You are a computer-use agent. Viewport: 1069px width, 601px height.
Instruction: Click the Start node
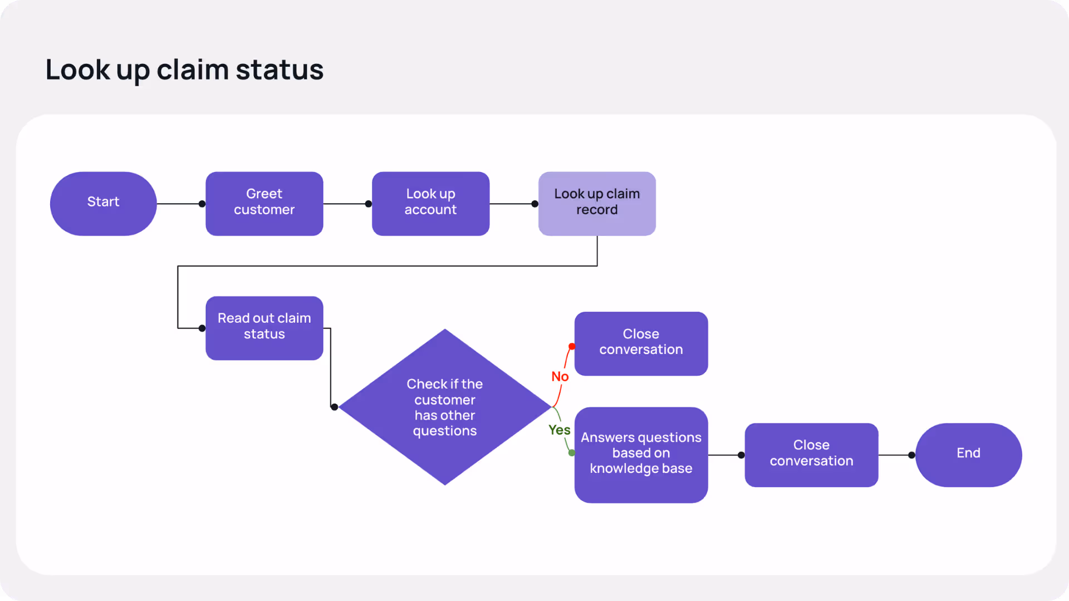click(x=103, y=203)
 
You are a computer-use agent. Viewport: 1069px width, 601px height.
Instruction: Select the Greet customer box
click(x=264, y=203)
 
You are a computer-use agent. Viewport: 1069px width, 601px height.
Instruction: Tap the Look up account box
click(x=430, y=203)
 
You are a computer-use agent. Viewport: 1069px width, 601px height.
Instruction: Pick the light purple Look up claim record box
click(x=597, y=203)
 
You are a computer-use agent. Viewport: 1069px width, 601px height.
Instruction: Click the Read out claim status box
click(x=264, y=328)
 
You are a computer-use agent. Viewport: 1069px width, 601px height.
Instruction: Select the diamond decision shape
click(x=444, y=407)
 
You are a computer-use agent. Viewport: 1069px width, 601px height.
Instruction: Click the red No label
click(x=560, y=377)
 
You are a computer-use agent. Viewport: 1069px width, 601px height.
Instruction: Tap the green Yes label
click(x=559, y=430)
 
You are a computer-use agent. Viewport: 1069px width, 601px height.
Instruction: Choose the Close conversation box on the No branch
click(x=641, y=343)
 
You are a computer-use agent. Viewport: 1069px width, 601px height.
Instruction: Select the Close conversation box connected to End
click(x=811, y=455)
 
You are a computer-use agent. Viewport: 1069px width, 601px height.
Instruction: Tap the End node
click(x=968, y=455)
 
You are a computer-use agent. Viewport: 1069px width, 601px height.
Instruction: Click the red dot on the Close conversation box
click(x=572, y=347)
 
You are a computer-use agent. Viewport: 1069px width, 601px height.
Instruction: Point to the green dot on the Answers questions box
click(x=572, y=453)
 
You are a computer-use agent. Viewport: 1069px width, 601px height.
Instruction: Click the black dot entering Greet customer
click(x=202, y=204)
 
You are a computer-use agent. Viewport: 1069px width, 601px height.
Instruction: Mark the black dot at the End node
click(x=911, y=455)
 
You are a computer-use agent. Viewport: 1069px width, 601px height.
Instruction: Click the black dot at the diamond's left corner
click(x=334, y=407)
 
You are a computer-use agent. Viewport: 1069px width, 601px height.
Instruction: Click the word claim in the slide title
click(x=193, y=70)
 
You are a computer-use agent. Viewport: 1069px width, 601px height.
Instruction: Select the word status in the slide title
click(x=279, y=70)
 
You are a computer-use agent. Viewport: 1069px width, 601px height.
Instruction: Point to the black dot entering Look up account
click(x=368, y=204)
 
